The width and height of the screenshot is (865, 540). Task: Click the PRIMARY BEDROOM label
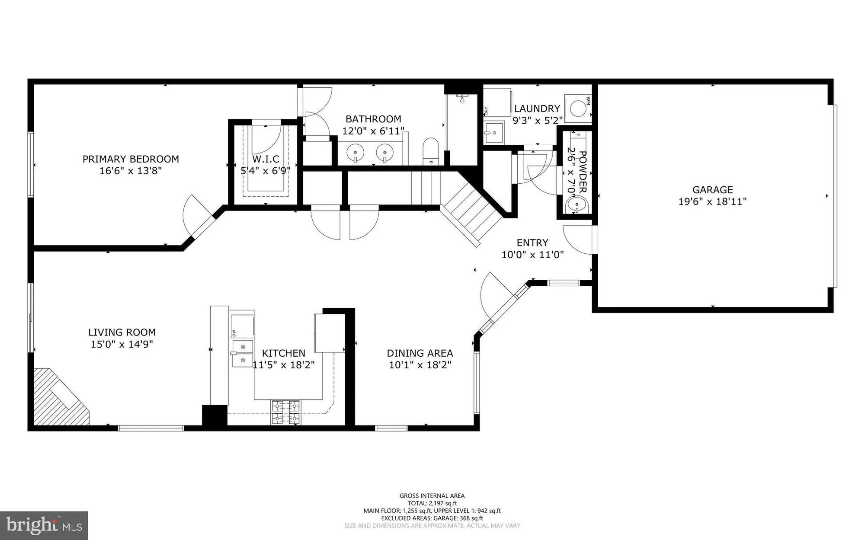(131, 159)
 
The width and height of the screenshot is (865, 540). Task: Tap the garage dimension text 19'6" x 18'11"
(712, 201)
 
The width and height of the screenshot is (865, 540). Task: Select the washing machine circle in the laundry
(578, 108)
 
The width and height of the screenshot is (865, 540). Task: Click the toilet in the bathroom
(431, 151)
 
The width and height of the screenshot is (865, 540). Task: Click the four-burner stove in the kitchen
(285, 412)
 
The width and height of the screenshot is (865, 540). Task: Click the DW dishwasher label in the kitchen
(234, 333)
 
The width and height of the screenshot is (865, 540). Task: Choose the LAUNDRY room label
(537, 109)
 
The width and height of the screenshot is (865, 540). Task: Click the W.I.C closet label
(266, 159)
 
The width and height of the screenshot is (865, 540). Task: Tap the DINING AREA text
(420, 353)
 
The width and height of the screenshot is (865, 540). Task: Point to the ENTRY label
(532, 243)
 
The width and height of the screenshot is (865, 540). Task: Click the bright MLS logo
(44, 525)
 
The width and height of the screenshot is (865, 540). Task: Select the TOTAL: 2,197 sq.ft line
(432, 503)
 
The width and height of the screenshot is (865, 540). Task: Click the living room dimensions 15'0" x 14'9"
(122, 344)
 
